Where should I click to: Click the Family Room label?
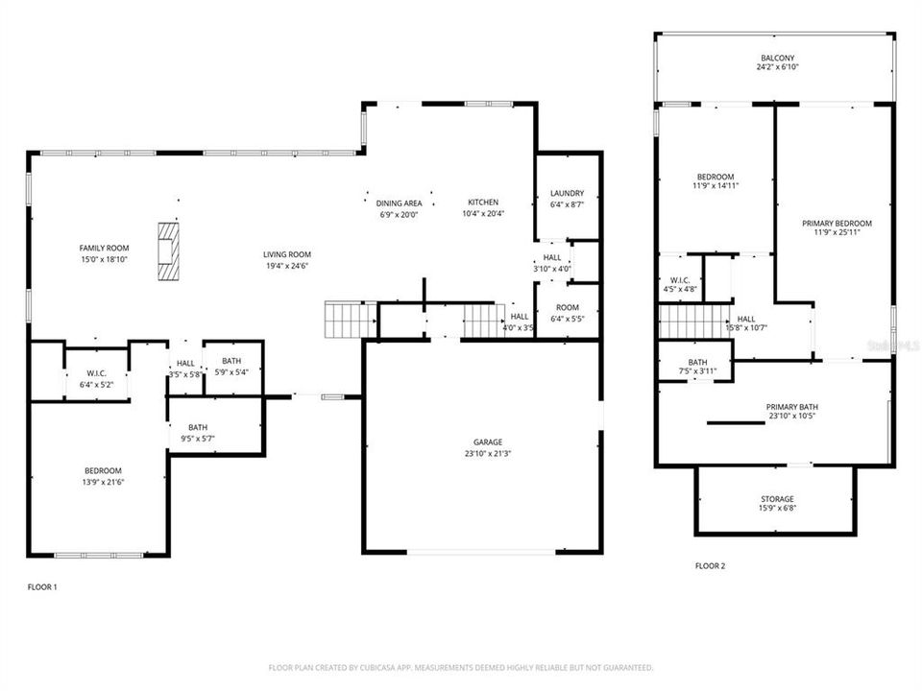coord(104,253)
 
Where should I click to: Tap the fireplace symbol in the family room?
coord(169,251)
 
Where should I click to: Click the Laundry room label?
coord(567,199)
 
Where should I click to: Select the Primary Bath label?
coord(792,412)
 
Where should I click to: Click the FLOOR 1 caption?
coord(41,586)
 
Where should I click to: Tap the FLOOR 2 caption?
coord(710,566)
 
